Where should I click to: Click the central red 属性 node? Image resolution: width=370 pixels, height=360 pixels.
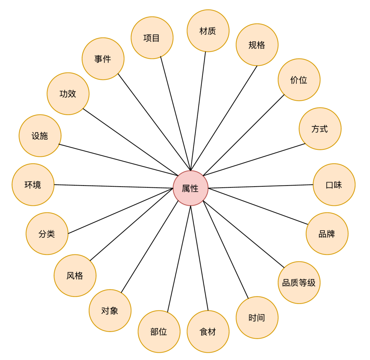point(190,188)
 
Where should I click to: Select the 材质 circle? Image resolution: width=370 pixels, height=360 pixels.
point(208,31)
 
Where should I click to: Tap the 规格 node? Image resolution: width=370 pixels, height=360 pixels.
point(257,45)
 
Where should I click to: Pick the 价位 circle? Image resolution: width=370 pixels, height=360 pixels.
point(299,80)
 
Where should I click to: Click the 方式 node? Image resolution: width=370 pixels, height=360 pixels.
point(320,129)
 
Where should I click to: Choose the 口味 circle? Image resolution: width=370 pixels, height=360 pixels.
point(334,185)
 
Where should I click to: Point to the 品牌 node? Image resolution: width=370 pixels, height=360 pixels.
point(327,234)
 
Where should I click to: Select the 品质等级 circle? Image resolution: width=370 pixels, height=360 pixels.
point(299,283)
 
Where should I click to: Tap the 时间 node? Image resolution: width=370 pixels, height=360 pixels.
point(257,318)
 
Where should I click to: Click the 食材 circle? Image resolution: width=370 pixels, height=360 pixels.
point(208,332)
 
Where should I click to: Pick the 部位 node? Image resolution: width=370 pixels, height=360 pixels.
point(159,332)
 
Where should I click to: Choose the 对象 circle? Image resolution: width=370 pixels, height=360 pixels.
point(110,310)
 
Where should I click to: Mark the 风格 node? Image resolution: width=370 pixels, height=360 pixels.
point(75,275)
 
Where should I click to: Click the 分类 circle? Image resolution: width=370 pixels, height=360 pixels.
point(47,234)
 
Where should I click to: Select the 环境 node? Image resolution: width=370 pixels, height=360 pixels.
point(33,185)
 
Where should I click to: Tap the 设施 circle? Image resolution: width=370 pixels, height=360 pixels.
point(40,136)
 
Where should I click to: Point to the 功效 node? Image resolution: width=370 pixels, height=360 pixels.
point(68,94)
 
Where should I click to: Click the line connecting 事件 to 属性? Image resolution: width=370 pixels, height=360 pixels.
point(154,122)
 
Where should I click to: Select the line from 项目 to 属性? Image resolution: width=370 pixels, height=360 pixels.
point(175,113)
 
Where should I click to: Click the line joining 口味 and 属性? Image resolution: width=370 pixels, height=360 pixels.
point(260,186)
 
